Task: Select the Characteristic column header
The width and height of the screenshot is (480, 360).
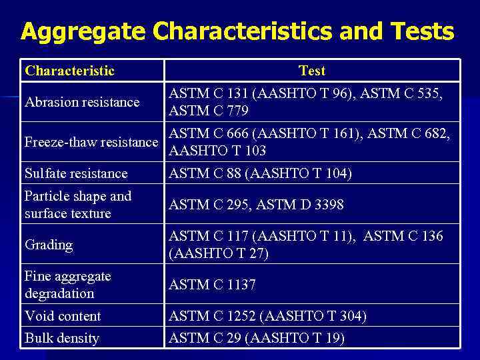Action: point(69,71)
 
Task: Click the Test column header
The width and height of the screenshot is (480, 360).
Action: point(312,71)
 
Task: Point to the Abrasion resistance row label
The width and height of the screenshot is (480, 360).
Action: point(82,102)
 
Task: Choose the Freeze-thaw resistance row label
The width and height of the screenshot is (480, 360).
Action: point(91,142)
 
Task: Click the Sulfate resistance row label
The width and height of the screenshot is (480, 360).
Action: point(76,173)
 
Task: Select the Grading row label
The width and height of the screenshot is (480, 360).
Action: point(48,245)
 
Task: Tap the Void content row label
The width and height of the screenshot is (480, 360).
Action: point(63,316)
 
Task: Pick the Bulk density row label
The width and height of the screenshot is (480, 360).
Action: point(62,338)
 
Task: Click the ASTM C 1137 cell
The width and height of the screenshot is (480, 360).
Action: point(212,285)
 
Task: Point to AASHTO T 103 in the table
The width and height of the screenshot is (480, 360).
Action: point(217,151)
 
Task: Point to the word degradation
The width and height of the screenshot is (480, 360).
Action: point(59,293)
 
